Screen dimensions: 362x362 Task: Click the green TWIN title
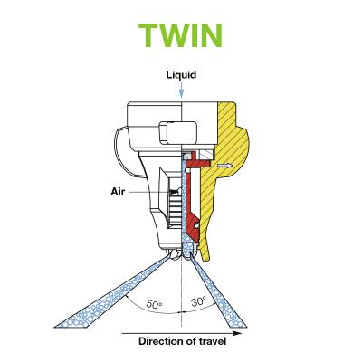tap(180, 35)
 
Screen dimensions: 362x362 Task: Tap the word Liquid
tap(181, 74)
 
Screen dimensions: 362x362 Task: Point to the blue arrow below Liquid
tap(181, 90)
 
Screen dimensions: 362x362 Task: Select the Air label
tap(118, 192)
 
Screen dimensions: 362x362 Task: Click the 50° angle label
tap(154, 303)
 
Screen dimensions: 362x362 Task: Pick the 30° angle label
tap(198, 301)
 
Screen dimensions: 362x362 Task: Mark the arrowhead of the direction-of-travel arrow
tap(237, 333)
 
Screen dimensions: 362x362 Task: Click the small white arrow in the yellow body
tap(225, 166)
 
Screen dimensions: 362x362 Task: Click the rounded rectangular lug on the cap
tap(177, 132)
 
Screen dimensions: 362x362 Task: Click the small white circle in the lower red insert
tap(197, 225)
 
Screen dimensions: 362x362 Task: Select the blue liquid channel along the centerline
tap(183, 205)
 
